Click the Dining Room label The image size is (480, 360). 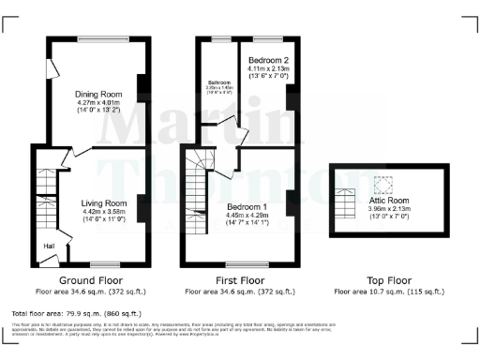tap(98, 94)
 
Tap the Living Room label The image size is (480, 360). tap(103, 202)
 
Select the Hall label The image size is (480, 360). tap(49, 246)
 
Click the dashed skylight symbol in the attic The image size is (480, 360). tap(382, 183)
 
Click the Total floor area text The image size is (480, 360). tap(75, 313)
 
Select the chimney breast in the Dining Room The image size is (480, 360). tap(142, 87)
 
